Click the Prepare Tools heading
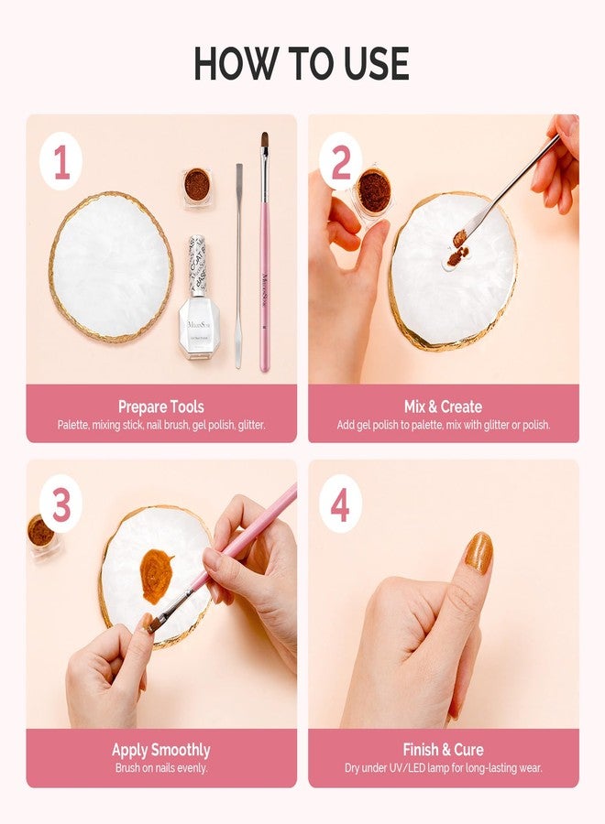(161, 406)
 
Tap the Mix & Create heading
(443, 406)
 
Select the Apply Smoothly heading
(161, 750)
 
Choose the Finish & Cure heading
(443, 750)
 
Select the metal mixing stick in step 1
(238, 266)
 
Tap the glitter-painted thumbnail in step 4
(478, 553)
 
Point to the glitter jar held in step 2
(373, 193)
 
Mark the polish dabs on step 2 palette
(456, 248)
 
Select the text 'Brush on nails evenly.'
(161, 768)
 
